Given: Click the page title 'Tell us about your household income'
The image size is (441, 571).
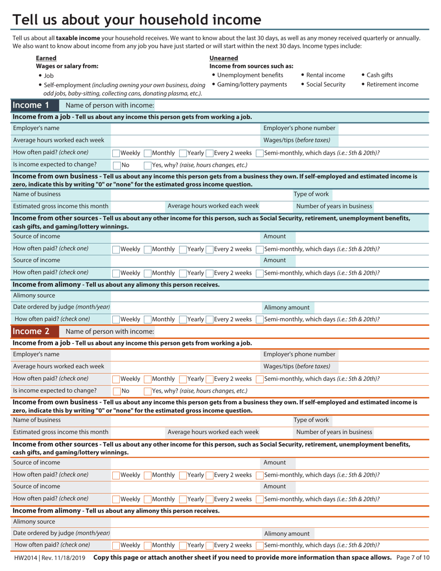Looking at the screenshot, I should pyautogui.click(x=136, y=20).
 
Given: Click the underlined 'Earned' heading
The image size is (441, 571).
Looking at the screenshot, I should pyautogui.click(x=46, y=58).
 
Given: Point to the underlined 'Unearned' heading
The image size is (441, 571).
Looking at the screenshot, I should pyautogui.click(x=224, y=58).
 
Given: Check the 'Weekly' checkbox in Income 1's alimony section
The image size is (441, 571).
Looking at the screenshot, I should pyautogui.click(x=116, y=319).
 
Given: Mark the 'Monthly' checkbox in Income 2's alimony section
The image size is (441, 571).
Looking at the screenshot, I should pyautogui.click(x=148, y=545).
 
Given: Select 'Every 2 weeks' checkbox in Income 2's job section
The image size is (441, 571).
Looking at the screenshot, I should pyautogui.click(x=210, y=379).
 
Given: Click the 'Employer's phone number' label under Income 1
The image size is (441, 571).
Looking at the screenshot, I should pyautogui.click(x=299, y=128).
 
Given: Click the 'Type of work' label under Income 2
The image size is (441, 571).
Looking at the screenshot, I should pyautogui.click(x=311, y=420).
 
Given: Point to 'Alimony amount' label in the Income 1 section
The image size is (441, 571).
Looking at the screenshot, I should pyautogui.click(x=286, y=307).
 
